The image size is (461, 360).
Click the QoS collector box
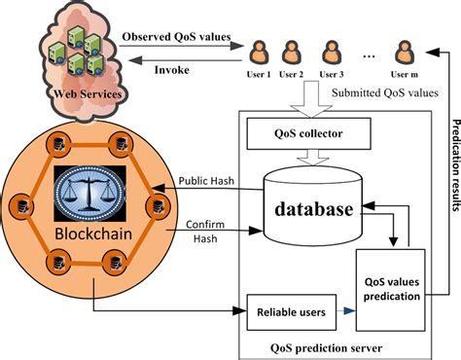[x=308, y=133]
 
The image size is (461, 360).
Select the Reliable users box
[x=292, y=312]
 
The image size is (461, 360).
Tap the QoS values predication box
[x=391, y=290]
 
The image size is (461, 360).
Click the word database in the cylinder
[x=313, y=209]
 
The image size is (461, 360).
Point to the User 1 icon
[x=259, y=52]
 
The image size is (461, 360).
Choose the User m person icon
[x=405, y=52]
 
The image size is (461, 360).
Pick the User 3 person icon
[x=332, y=52]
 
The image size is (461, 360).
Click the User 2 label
[x=291, y=75]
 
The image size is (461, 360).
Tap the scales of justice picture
[x=89, y=194]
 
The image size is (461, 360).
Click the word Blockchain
[x=93, y=234]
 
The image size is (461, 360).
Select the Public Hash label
[x=206, y=181]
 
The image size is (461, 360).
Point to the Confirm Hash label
[x=205, y=232]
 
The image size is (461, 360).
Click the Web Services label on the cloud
[x=88, y=94]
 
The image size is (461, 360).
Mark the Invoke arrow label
[x=172, y=70]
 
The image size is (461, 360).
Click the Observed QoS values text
[x=176, y=37]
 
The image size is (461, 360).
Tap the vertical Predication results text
[x=456, y=165]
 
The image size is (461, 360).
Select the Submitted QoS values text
[x=385, y=93]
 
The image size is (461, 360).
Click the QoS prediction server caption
[x=326, y=348]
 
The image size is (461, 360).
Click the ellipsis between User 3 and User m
[x=369, y=56]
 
